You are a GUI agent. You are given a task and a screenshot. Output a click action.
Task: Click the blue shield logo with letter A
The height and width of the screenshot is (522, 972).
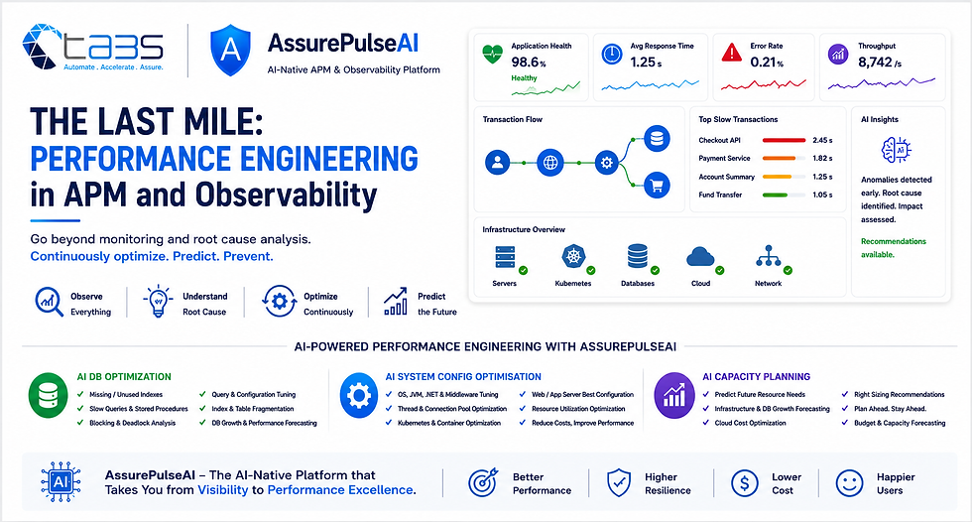230,51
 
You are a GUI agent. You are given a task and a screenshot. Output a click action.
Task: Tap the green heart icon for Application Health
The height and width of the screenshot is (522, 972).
493,54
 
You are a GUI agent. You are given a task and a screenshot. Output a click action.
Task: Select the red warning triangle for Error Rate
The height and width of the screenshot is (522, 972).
732,54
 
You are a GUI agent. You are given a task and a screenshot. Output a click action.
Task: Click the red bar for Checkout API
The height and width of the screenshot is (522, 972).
784,140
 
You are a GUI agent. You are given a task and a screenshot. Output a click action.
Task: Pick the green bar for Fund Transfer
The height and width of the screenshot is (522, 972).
775,195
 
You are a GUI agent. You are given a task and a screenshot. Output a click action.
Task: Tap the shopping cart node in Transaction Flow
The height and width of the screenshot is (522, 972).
657,185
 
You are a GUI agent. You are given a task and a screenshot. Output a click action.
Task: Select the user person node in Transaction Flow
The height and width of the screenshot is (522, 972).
497,163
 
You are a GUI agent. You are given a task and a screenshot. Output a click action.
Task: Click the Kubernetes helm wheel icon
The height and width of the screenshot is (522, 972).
573,256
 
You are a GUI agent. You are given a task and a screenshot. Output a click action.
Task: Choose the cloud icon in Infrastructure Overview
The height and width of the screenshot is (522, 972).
700,257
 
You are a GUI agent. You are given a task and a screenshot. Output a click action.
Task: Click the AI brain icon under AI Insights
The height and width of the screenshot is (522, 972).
897,150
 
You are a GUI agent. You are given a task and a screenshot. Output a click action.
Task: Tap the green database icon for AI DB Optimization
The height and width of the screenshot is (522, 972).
48,396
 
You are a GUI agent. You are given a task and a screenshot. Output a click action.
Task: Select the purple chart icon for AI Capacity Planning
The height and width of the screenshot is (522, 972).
674,395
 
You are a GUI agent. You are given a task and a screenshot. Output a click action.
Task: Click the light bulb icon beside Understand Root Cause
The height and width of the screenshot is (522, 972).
158,302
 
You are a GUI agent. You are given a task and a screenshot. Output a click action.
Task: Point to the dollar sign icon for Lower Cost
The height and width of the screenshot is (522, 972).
745,483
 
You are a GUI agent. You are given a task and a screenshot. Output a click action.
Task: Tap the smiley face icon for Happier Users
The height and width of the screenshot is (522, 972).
849,483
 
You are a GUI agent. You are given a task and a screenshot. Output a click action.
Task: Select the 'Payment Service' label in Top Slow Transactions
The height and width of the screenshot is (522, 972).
724,158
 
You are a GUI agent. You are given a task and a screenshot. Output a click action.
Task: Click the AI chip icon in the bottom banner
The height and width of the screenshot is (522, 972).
61,481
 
